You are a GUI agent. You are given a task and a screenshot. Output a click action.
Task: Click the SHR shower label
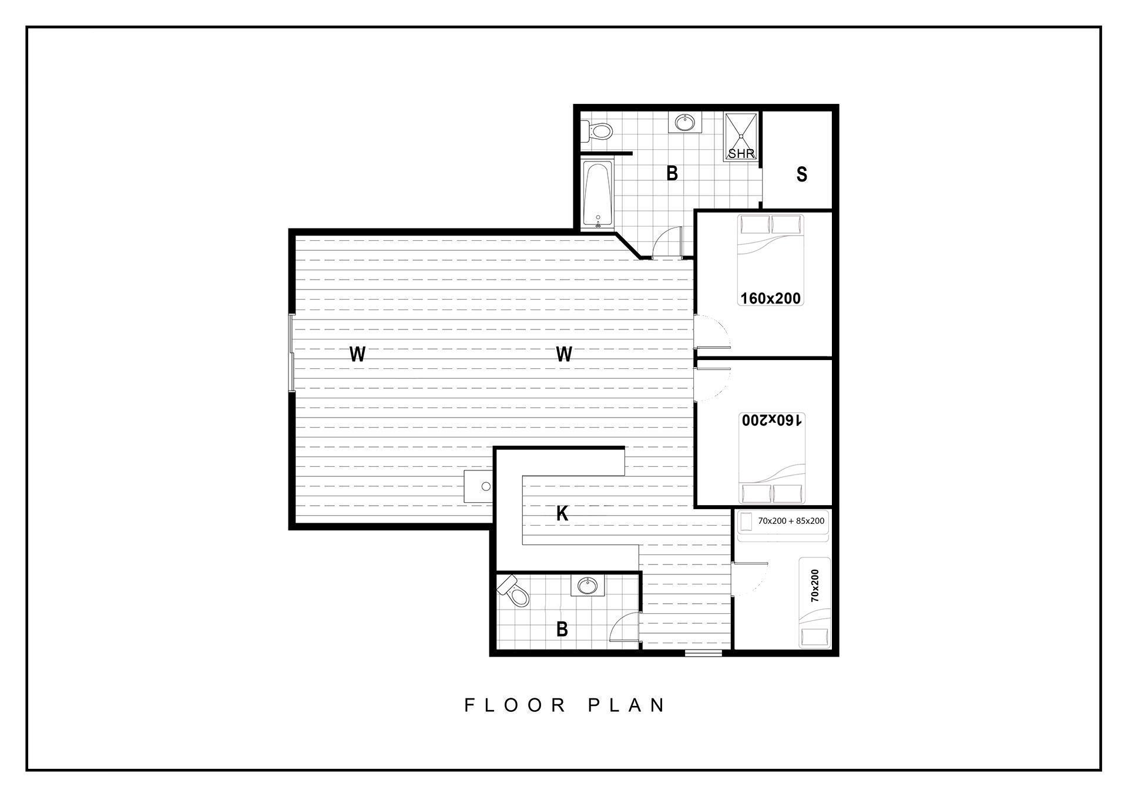741,154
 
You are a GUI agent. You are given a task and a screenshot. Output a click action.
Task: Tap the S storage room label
801,174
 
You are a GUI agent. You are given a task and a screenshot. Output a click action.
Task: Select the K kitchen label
562,514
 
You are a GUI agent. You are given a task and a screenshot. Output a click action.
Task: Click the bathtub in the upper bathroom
598,195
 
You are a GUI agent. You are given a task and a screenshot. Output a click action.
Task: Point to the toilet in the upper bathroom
596,131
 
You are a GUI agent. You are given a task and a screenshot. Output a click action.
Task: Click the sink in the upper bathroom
684,123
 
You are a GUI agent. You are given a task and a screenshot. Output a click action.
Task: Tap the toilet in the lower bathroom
514,591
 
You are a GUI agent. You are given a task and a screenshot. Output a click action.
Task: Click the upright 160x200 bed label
770,298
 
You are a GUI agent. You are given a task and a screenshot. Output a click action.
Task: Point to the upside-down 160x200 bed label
771,420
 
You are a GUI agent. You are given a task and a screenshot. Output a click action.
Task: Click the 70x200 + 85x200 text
791,521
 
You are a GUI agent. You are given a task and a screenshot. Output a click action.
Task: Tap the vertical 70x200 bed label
814,586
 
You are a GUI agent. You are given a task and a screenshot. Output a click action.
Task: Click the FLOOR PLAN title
565,705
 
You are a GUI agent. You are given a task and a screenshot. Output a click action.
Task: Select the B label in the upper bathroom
672,174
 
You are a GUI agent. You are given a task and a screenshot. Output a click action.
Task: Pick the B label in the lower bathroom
562,630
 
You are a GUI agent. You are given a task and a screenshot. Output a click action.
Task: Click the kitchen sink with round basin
478,486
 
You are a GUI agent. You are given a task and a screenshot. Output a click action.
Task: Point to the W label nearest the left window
357,354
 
